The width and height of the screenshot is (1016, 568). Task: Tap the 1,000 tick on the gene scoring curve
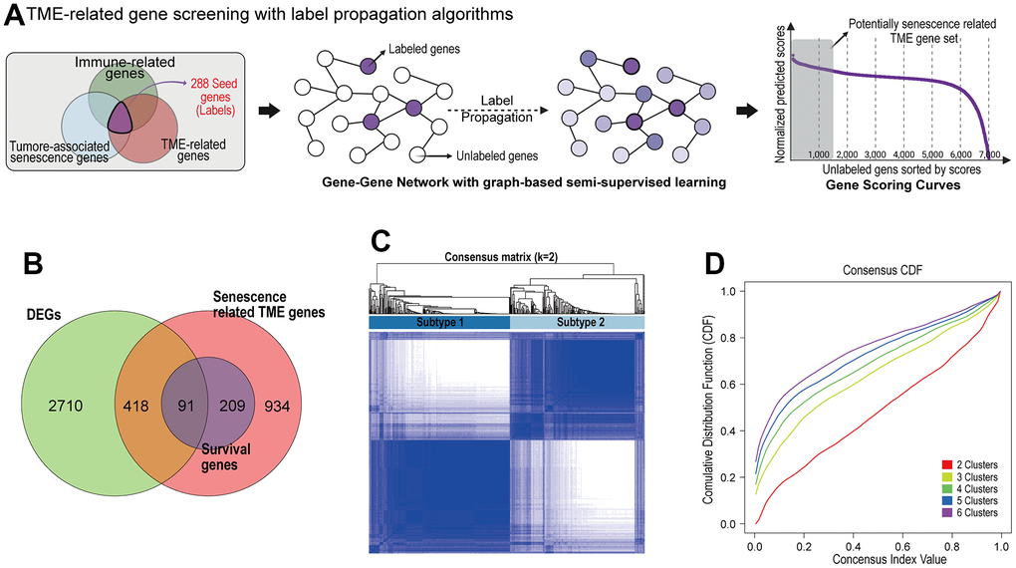pos(819,155)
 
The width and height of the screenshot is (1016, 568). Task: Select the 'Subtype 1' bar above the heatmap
pos(438,323)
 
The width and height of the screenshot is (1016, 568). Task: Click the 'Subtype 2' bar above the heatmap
pos(577,323)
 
